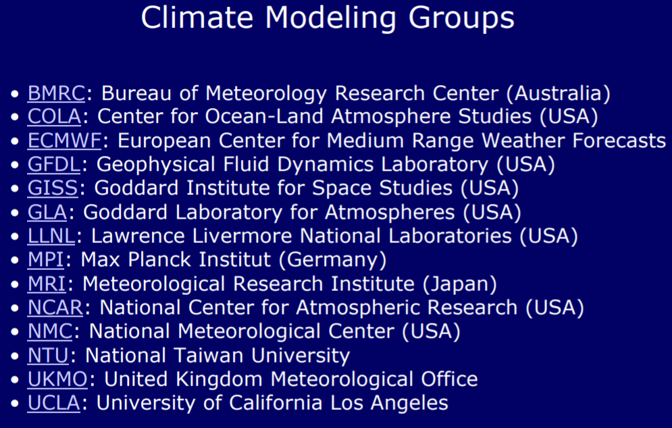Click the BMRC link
[x=56, y=93]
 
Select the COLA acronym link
[x=54, y=117]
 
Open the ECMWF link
[x=64, y=140]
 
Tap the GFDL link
[x=53, y=165]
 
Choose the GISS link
[x=53, y=188]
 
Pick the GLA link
[x=47, y=212]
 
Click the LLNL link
[x=51, y=236]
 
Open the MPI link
[x=45, y=260]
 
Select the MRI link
[x=47, y=284]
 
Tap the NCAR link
[x=55, y=308]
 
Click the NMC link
[x=50, y=331]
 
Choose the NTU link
[x=48, y=355]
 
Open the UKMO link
[x=57, y=379]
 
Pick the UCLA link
[x=53, y=403]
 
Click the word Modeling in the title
[x=330, y=19]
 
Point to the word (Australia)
[x=559, y=93]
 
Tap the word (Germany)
[x=333, y=260]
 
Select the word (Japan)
[x=460, y=284]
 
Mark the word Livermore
[x=242, y=236]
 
